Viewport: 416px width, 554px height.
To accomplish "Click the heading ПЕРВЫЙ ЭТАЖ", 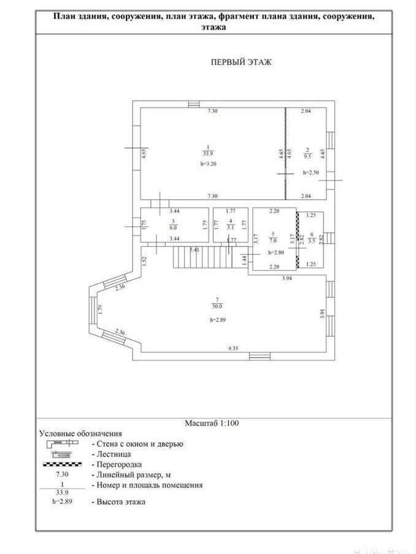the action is (x=241, y=63).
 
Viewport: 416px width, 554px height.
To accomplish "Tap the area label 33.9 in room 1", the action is (x=208, y=153).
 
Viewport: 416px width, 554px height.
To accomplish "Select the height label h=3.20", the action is (x=208, y=164).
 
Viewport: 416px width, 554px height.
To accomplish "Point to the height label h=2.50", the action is (x=311, y=173).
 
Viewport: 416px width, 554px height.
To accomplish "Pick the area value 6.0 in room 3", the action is (x=173, y=228).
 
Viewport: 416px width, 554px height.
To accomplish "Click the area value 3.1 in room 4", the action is (x=231, y=227).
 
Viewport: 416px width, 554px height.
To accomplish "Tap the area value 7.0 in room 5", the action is (x=272, y=240).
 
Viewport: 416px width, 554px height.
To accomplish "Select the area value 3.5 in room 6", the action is (x=312, y=241).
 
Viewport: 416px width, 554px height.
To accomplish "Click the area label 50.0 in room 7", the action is (x=217, y=306).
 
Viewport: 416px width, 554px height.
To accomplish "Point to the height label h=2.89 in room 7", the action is (x=218, y=320).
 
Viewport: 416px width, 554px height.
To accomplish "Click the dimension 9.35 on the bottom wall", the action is (x=234, y=348).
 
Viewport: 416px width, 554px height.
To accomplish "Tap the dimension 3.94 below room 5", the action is (x=287, y=278).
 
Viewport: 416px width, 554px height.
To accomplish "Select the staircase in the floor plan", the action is (x=202, y=257).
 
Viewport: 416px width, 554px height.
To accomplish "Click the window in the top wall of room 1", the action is (x=193, y=104).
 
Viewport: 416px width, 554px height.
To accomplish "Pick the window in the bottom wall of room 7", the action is (x=260, y=356).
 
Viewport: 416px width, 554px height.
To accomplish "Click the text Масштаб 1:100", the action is (x=212, y=423).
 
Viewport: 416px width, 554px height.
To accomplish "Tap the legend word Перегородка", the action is (x=119, y=465).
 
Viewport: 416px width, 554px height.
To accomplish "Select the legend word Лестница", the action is (x=114, y=454).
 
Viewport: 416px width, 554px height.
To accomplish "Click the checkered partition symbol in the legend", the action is (x=62, y=465).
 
